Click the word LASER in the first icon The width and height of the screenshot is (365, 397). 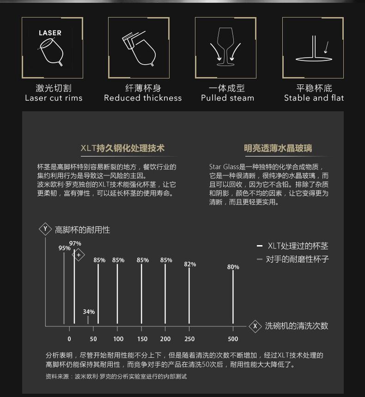[x=50, y=33]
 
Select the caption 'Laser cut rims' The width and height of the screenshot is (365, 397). [x=54, y=98]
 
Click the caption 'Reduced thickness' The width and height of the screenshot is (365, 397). [x=143, y=98]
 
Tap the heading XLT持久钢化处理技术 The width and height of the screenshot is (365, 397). [x=122, y=148]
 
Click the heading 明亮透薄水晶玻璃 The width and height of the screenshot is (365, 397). [x=278, y=148]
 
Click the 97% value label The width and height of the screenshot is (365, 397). [x=75, y=243]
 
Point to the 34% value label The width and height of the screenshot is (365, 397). [x=89, y=312]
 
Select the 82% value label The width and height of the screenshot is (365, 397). [x=190, y=264]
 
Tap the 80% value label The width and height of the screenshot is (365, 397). [x=233, y=267]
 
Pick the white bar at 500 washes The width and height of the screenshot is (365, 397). [x=233, y=298]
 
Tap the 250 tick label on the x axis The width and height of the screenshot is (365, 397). [x=189, y=339]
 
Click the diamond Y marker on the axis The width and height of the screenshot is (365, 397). [x=45, y=229]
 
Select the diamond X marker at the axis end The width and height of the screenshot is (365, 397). [x=255, y=326]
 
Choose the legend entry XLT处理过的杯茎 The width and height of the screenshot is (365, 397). [x=298, y=246]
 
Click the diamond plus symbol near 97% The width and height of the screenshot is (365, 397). [x=79, y=255]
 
